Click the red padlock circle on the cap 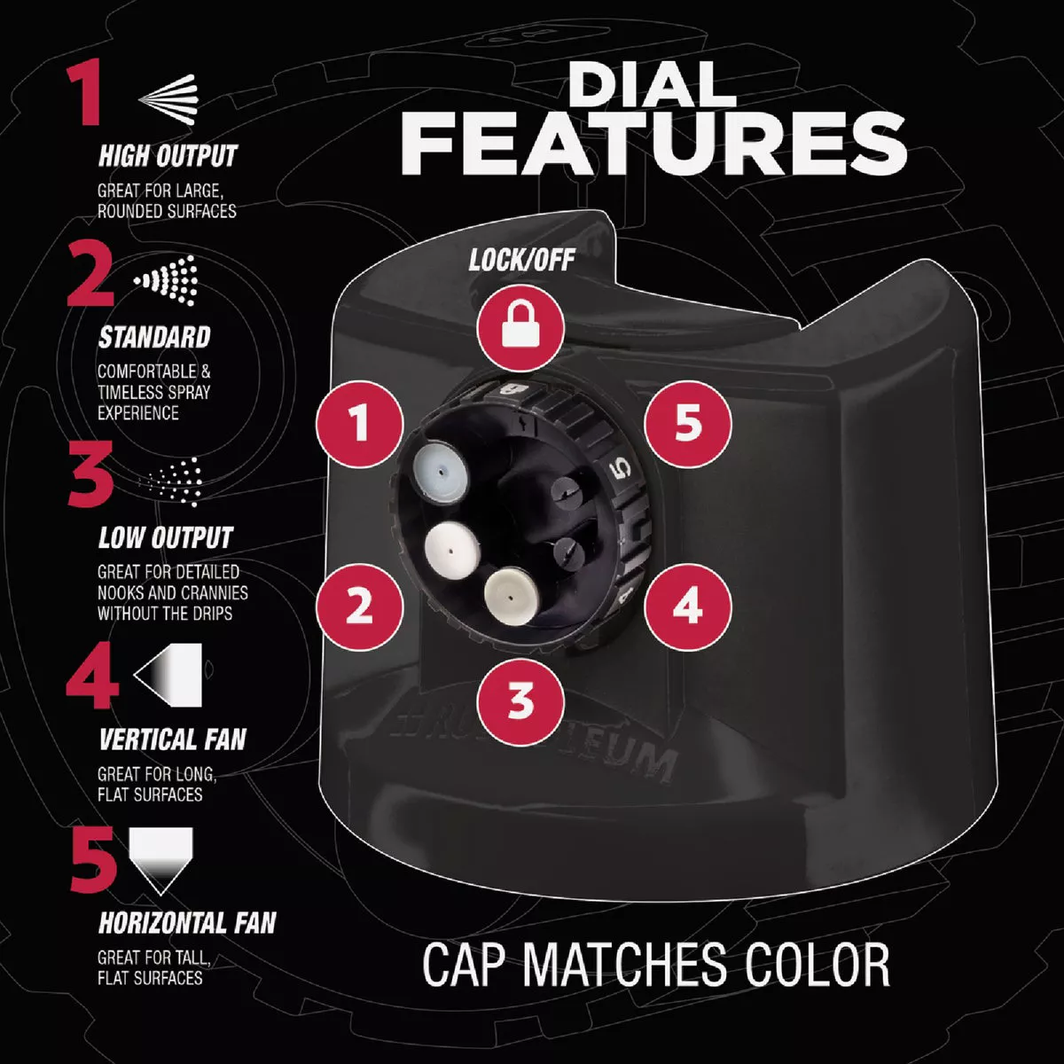[520, 330]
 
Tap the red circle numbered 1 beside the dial [360, 424]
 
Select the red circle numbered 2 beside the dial [360, 606]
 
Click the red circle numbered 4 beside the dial [688, 606]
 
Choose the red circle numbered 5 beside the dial [688, 424]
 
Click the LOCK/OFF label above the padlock [521, 260]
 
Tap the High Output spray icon [168, 99]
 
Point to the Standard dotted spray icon [165, 280]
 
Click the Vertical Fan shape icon [168, 675]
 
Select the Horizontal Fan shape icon [160, 860]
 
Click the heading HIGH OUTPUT [168, 156]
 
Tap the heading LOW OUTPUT [166, 538]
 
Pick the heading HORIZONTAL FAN [187, 923]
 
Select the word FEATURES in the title [653, 144]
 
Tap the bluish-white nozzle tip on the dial [441, 471]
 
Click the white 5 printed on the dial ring [620, 469]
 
